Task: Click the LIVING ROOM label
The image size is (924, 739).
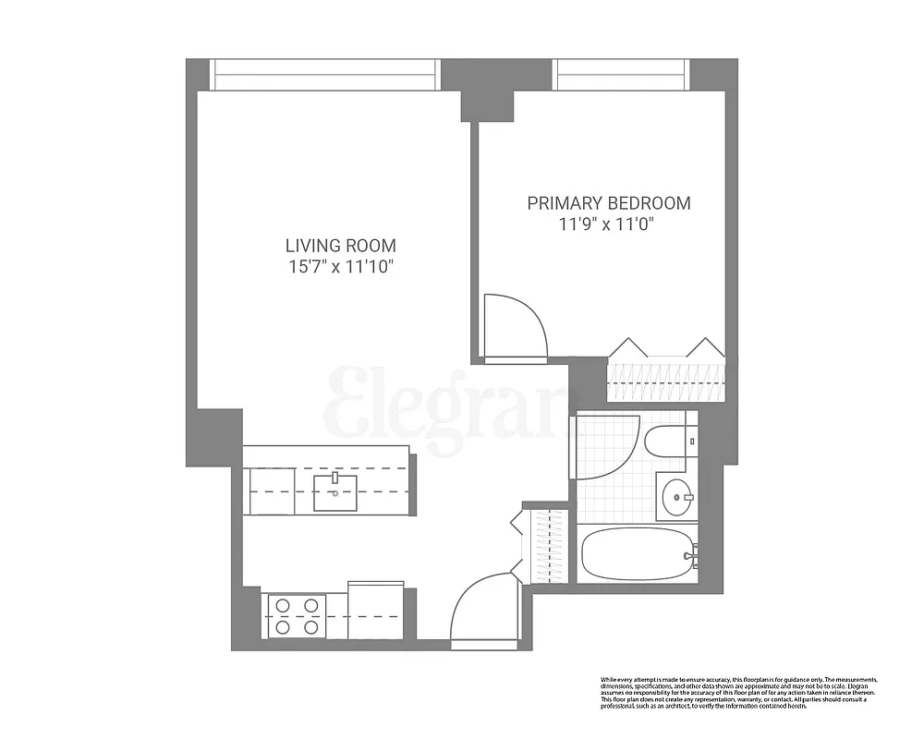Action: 340,246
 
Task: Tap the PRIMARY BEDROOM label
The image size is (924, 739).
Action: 608,203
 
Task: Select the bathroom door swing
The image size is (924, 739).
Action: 605,445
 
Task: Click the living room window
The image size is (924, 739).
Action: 323,75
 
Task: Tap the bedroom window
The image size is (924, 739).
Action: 621,75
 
